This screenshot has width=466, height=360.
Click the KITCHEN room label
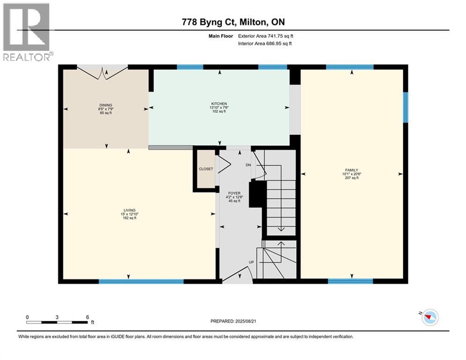tap(219, 104)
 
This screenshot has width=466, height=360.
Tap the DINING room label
tap(105, 105)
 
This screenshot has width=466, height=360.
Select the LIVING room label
tap(129, 210)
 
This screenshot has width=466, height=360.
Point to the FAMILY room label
tap(351, 170)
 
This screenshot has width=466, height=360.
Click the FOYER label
tap(234, 193)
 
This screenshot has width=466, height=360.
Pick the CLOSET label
tap(206, 169)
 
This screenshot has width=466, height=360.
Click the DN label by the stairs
tap(249, 165)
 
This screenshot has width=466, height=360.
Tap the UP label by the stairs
tap(251, 262)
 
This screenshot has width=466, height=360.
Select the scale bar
tap(57, 322)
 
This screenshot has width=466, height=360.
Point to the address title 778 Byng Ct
tap(233, 22)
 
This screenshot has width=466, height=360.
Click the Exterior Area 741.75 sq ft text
tap(266, 36)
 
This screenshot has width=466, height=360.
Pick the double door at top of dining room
tap(106, 73)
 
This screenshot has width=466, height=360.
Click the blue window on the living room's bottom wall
tap(141, 282)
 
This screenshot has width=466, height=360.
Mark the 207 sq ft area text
tap(351, 178)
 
